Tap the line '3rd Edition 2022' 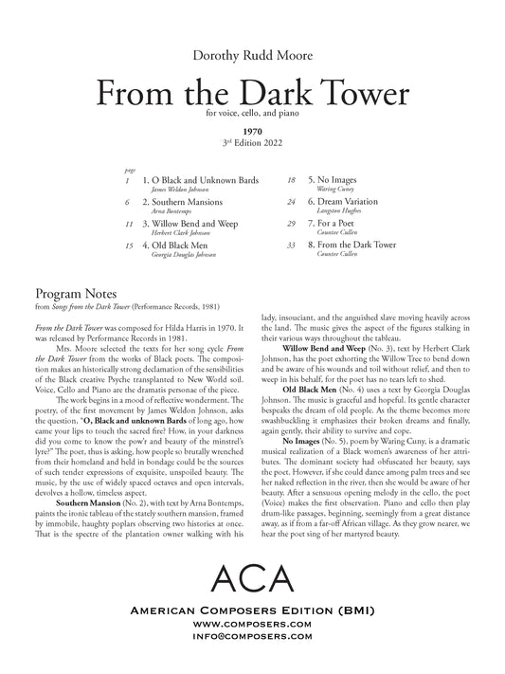[x=252, y=145]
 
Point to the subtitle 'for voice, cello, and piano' [x=252, y=117]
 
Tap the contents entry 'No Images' [x=329, y=179]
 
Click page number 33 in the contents [x=293, y=246]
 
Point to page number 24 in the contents [x=293, y=202]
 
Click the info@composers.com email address [x=252, y=651]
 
